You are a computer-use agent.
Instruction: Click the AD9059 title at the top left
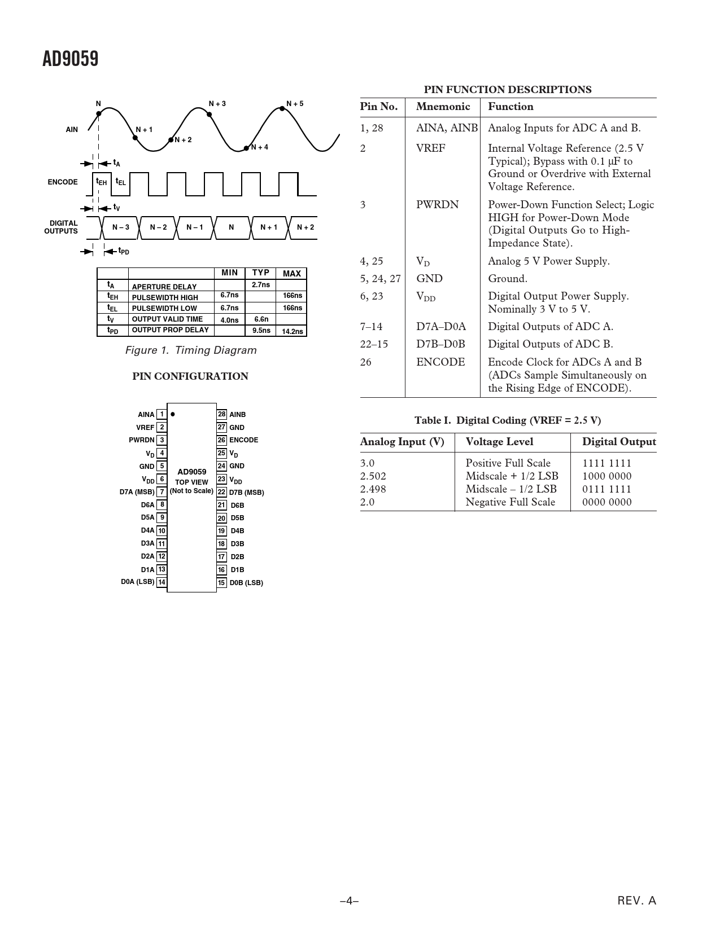(71, 58)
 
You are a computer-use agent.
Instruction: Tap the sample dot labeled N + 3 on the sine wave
(210, 115)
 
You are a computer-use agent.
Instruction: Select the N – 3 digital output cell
(120, 227)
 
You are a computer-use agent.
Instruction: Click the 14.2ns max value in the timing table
(292, 331)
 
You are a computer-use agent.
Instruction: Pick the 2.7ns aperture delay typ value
(260, 285)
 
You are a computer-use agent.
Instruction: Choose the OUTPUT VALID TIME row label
(167, 319)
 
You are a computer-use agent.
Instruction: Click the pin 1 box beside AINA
(162, 415)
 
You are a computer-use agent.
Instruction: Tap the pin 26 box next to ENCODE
(221, 440)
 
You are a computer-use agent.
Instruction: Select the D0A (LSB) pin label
(137, 582)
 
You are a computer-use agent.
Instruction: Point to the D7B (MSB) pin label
(246, 493)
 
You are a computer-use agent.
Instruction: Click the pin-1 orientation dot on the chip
(173, 414)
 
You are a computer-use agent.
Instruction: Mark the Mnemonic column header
(443, 107)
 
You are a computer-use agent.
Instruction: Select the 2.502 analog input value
(373, 476)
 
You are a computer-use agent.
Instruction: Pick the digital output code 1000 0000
(606, 476)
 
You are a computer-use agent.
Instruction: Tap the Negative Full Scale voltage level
(510, 502)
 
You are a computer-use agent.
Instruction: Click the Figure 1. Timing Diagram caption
(191, 350)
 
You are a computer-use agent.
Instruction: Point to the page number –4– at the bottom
(350, 901)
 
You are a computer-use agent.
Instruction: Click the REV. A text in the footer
(637, 901)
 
